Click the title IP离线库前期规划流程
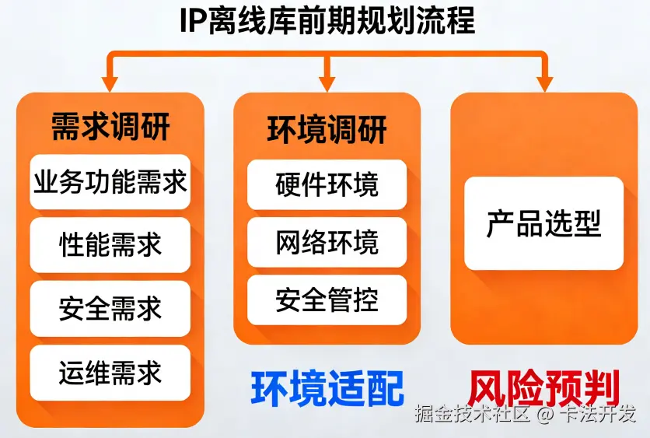[327, 21]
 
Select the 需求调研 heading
[110, 127]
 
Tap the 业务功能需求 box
[110, 182]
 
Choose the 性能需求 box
[110, 245]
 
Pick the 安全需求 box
[110, 309]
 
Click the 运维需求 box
[110, 373]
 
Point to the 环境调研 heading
[327, 129]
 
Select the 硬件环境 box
[327, 185]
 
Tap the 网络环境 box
[327, 243]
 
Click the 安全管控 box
[327, 300]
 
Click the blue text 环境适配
[327, 388]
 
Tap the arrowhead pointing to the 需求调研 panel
[110, 81]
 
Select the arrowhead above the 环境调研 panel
[327, 81]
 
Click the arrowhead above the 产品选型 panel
[543, 81]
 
